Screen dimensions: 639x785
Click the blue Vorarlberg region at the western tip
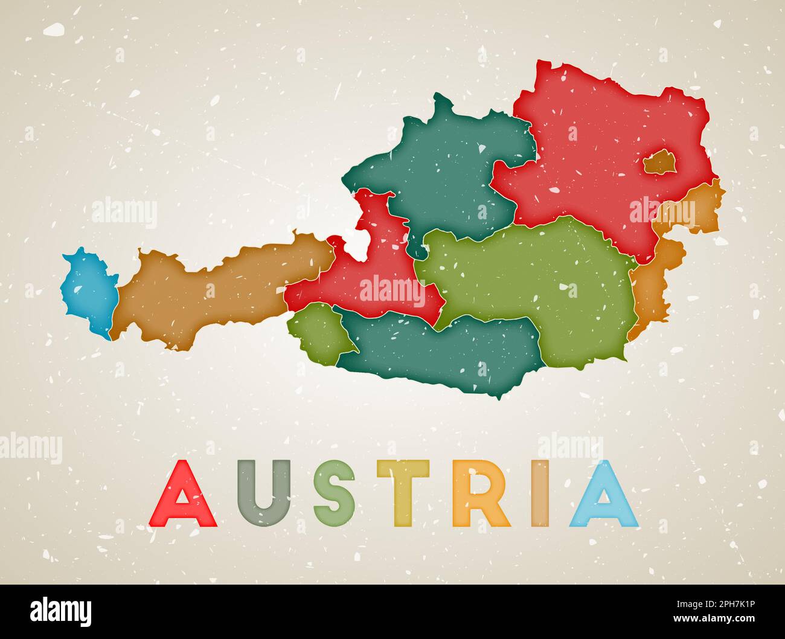coord(89,289)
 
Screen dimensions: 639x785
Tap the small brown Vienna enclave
coord(661,162)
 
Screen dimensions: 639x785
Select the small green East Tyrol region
coord(317,332)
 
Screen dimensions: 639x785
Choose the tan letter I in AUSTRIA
coord(541,493)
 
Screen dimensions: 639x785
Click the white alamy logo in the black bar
coord(61,611)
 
